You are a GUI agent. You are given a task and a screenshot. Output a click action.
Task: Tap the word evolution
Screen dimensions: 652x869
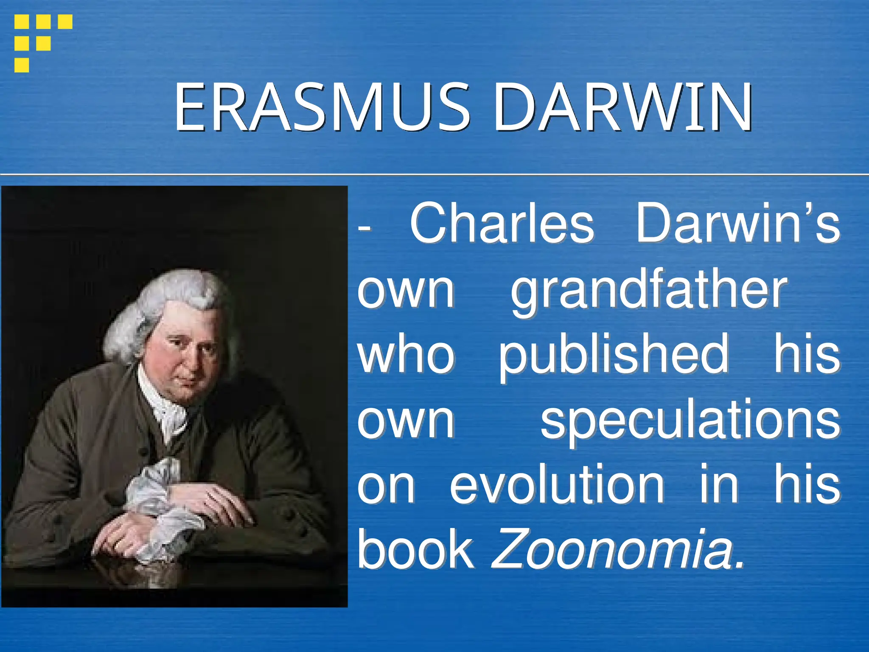pyautogui.click(x=557, y=485)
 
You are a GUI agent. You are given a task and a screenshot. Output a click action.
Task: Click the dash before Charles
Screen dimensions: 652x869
pyautogui.click(x=364, y=228)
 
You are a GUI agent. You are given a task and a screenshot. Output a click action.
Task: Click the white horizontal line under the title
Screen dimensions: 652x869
pyautogui.click(x=434, y=174)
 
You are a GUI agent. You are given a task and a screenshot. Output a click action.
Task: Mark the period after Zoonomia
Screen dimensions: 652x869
pyautogui.click(x=740, y=565)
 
